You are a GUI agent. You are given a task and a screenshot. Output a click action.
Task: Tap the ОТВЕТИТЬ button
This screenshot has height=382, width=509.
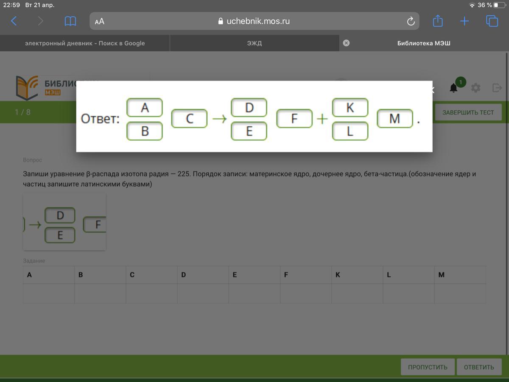click(x=479, y=367)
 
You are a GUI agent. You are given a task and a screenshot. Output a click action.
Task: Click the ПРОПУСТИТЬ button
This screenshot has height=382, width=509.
click(x=428, y=367)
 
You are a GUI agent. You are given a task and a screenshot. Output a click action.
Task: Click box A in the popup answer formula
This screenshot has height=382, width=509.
click(x=145, y=108)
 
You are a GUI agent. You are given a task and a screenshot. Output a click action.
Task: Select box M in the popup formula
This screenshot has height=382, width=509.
click(x=395, y=119)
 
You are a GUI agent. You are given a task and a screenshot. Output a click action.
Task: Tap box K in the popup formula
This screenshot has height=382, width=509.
click(x=350, y=108)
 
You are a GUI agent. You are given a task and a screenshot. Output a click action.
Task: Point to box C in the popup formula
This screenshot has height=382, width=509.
click(x=190, y=119)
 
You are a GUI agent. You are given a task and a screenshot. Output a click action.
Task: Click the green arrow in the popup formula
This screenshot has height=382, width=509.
click(x=219, y=119)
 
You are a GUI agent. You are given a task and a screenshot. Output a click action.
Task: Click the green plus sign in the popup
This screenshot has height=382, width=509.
click(x=322, y=119)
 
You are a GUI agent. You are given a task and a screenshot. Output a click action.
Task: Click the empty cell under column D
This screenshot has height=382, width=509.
click(x=203, y=293)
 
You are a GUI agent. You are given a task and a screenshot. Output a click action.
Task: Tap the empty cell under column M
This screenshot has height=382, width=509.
click(x=460, y=293)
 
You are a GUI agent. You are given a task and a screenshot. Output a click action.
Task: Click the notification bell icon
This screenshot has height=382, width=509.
click(x=453, y=88)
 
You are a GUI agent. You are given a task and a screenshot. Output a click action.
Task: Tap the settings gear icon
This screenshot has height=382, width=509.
click(x=475, y=88)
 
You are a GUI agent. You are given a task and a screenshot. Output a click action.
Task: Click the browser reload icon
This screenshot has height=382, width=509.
click(x=411, y=21)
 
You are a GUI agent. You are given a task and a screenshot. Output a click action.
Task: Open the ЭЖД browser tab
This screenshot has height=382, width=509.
click(x=255, y=43)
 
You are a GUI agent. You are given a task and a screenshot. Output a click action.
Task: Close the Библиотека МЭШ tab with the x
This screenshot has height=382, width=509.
click(x=346, y=43)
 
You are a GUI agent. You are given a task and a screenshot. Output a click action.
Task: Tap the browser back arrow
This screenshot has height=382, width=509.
click(x=14, y=21)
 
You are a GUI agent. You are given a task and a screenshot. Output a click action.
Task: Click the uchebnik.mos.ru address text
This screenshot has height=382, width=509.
click(x=258, y=21)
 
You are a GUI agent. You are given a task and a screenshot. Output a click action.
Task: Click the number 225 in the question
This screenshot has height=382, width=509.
click(x=184, y=174)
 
